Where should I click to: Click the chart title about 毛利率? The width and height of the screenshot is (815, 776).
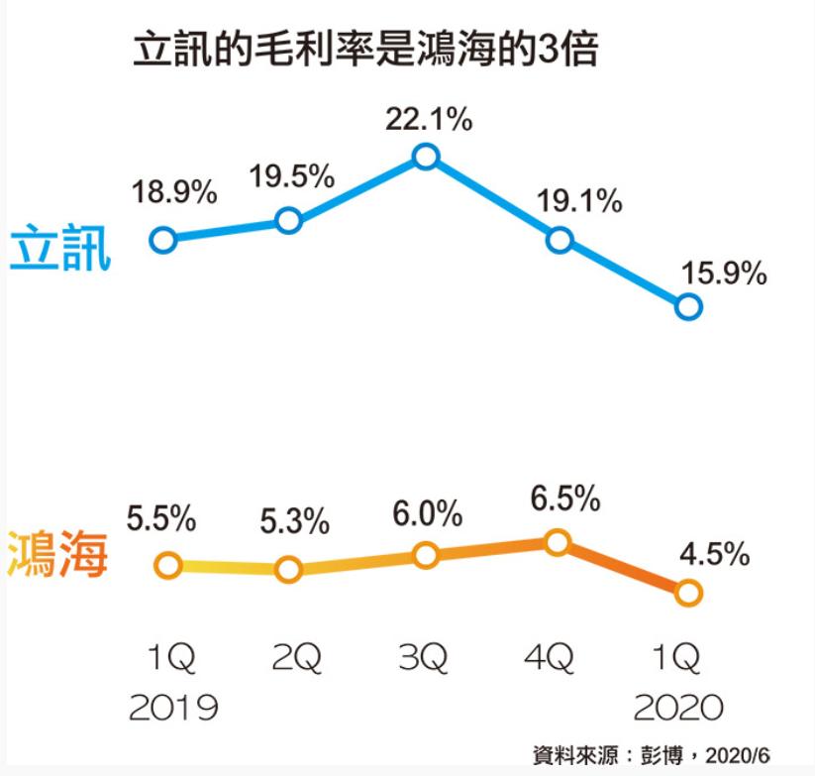(365, 51)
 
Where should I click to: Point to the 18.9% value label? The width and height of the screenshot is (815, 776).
(174, 193)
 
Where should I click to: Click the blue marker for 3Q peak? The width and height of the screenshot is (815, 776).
(426, 157)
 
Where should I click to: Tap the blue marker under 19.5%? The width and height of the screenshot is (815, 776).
(288, 220)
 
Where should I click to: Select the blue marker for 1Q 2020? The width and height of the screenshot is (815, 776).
(688, 307)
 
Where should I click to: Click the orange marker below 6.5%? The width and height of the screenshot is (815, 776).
(558, 541)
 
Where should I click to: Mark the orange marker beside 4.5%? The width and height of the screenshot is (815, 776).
(688, 593)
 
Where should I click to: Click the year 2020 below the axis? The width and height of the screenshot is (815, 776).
(679, 708)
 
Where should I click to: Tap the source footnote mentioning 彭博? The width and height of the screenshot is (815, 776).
(653, 755)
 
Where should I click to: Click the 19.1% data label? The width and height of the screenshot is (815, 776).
(579, 202)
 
